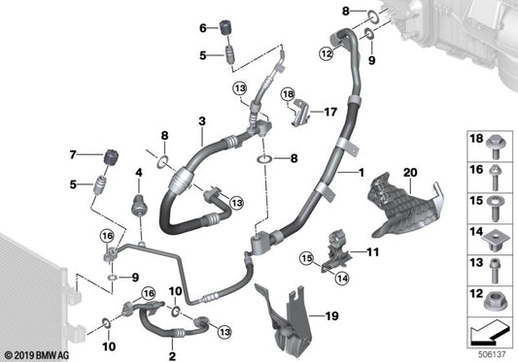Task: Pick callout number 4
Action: (138, 174)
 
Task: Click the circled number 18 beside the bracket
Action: (287, 93)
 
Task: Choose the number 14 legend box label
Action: (475, 233)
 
